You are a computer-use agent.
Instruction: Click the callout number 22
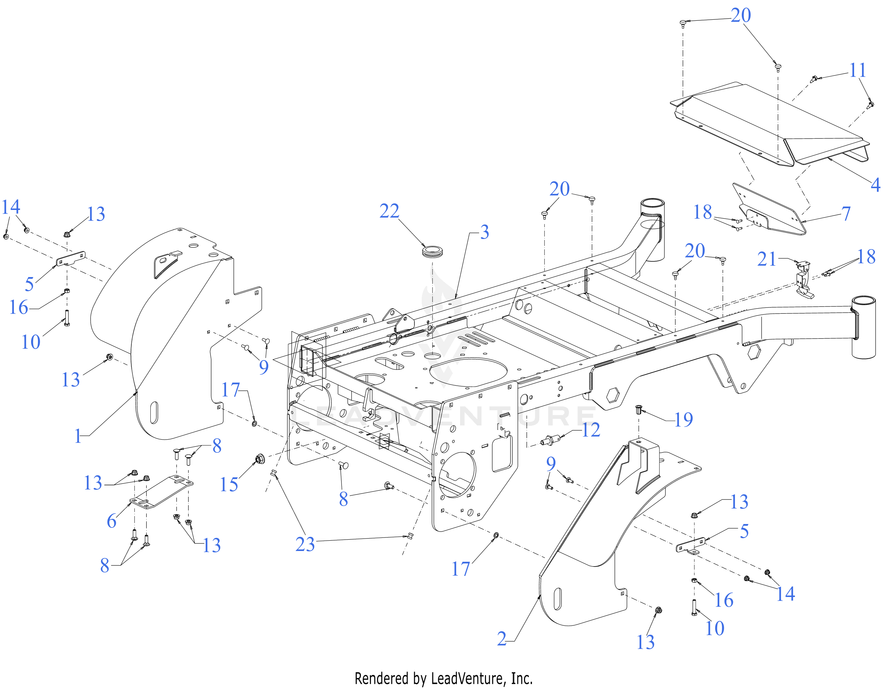point(389,211)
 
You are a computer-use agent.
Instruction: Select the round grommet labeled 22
point(432,251)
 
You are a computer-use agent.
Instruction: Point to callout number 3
point(484,232)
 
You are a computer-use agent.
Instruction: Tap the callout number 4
point(876,184)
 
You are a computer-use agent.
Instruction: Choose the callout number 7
point(846,213)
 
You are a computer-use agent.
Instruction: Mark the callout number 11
point(858,71)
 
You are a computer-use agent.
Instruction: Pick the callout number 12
point(591,430)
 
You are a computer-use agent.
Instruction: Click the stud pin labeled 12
point(549,440)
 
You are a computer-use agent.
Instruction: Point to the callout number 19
point(683,420)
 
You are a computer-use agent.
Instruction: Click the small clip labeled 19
point(639,409)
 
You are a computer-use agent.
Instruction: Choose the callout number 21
point(767,259)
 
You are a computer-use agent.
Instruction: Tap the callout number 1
point(78,436)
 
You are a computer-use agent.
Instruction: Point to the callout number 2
point(502,639)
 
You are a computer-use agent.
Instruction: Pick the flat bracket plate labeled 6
point(161,493)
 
